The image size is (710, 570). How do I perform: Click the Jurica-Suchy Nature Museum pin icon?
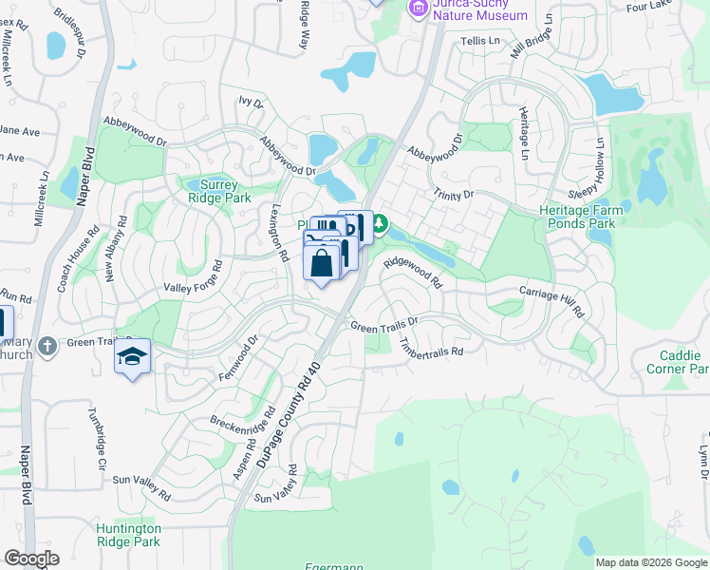pyautogui.click(x=417, y=8)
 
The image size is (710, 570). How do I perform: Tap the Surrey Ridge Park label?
pyautogui.click(x=218, y=192)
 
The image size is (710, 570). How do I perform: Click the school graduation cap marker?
pyautogui.click(x=132, y=357)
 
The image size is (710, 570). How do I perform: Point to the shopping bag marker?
pyautogui.click(x=322, y=263)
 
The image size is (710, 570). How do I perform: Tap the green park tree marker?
pyautogui.click(x=379, y=224)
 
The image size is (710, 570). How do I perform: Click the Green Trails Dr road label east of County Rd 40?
pyautogui.click(x=384, y=326)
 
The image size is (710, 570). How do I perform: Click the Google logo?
pyautogui.click(x=31, y=559)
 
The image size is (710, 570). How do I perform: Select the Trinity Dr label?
pyautogui.click(x=454, y=195)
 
